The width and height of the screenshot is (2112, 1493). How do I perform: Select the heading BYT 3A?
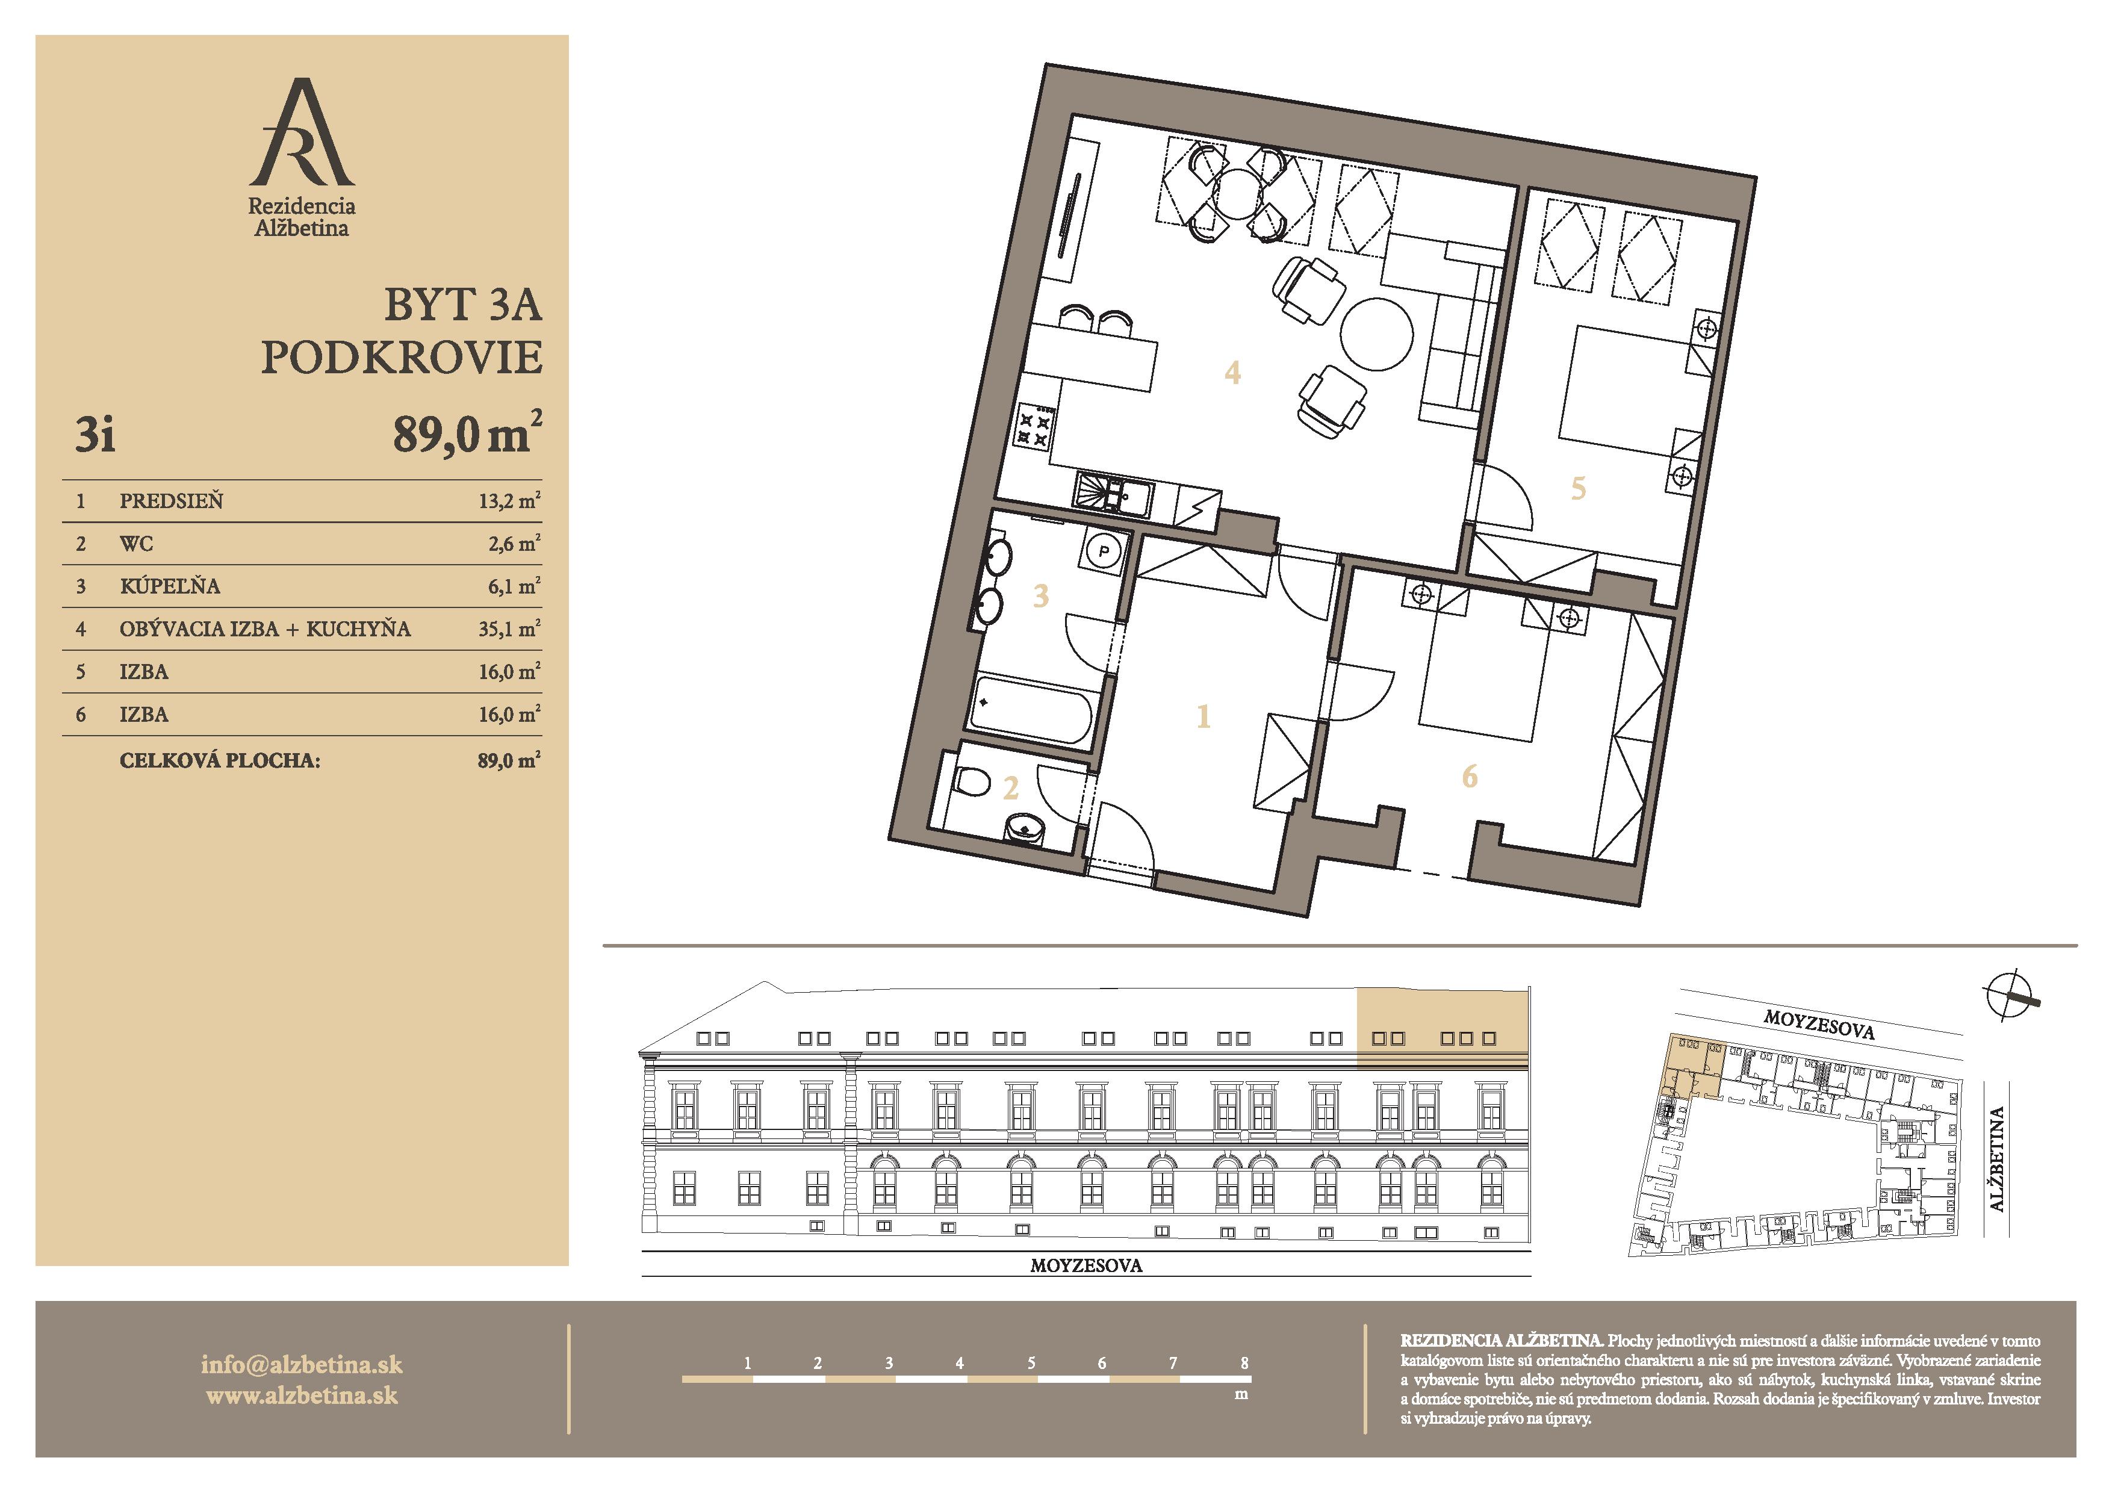[x=463, y=305]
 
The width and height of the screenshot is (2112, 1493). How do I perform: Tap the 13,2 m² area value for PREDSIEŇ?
[x=509, y=500]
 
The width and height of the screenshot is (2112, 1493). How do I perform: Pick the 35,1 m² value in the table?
[x=509, y=629]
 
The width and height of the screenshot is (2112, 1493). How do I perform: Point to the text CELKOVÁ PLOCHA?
[x=220, y=761]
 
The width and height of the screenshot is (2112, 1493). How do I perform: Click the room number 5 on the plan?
[x=1579, y=488]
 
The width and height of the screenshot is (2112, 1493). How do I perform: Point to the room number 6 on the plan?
[x=1470, y=777]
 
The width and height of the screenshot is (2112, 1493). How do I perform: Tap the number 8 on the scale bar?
[x=1244, y=1362]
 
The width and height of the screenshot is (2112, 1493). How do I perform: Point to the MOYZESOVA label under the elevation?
[x=1086, y=1265]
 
